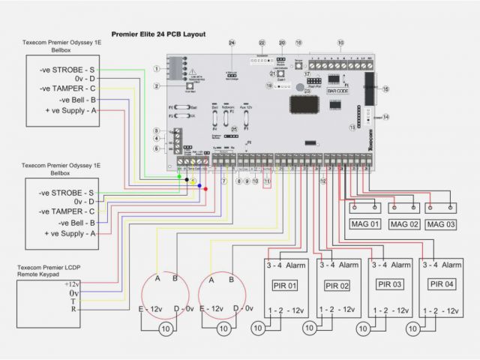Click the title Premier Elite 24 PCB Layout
coord(158,34)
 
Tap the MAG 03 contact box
coord(441,224)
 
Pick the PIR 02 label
coord(337,286)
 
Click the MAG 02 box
coord(404,224)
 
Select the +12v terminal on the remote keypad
coord(72,284)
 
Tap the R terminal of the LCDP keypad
coord(72,309)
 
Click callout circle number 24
coord(232,43)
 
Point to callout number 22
coord(262,43)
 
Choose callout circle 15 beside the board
coord(385,88)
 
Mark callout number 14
coord(385,117)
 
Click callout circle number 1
coord(157,68)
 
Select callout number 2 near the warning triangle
coord(157,86)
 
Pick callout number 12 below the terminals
coord(323,181)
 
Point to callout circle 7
coord(223,182)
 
